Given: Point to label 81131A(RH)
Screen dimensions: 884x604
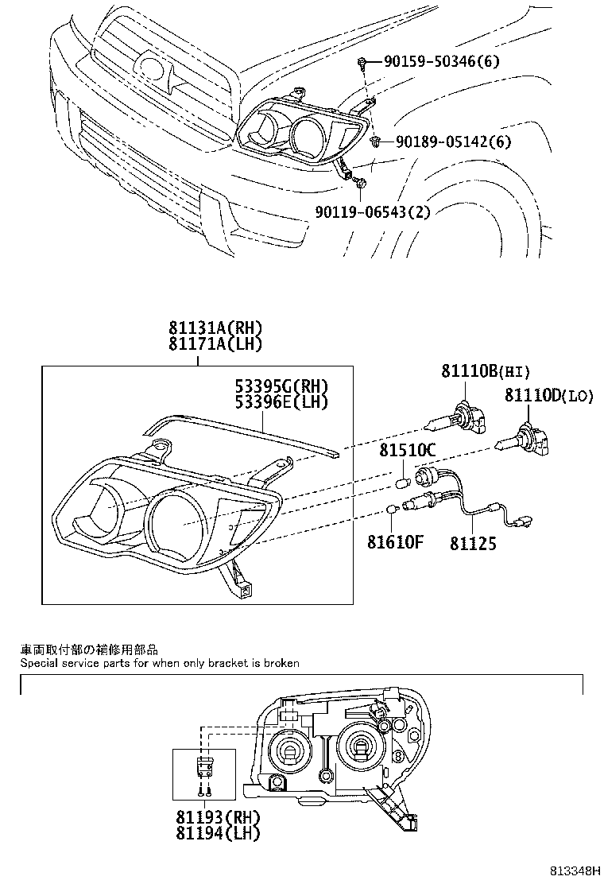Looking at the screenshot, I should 215,329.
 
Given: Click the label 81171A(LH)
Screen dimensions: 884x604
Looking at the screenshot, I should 215,343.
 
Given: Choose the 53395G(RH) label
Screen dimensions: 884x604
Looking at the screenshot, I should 281,386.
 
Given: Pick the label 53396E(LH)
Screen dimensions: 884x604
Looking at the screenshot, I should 281,401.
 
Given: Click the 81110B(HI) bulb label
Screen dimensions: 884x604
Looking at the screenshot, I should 485,371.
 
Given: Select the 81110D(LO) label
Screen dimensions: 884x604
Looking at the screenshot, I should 548,395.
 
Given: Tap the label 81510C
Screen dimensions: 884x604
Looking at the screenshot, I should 407,451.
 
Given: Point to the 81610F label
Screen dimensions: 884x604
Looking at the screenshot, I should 395,543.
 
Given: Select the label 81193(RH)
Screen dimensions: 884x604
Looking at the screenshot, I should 219,816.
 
